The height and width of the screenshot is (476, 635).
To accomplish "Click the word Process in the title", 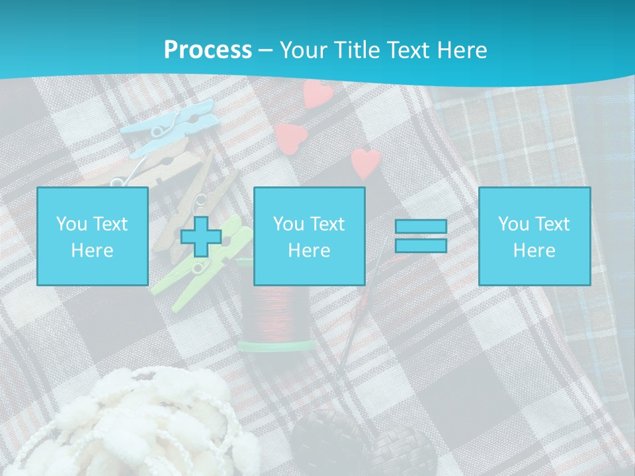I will pos(208,50).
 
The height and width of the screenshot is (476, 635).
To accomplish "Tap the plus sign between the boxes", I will pos(201,237).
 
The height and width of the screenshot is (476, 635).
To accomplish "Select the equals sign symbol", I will pos(421,236).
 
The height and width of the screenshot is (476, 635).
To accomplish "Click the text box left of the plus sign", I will pos(92,236).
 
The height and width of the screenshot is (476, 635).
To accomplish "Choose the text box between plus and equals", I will pos(309,236).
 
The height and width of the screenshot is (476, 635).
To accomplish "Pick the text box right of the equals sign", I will pos(534,236).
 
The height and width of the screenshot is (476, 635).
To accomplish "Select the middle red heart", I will pos(290,137).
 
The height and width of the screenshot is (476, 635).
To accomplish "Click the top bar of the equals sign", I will pos(421,227).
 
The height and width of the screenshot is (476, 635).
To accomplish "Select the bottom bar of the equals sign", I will pos(421,245).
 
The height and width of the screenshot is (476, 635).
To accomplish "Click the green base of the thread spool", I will pos(276,345).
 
